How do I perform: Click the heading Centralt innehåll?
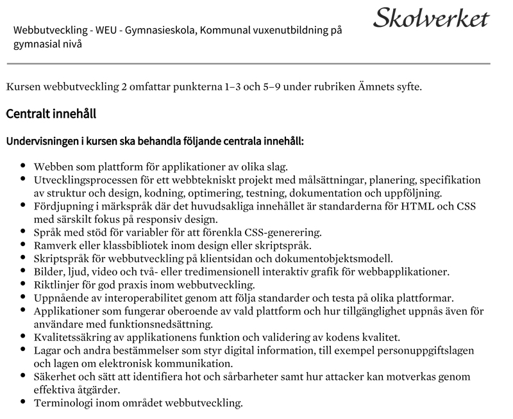51,114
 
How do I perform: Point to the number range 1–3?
224,86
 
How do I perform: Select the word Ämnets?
380,86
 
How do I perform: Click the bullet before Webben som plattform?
24,165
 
